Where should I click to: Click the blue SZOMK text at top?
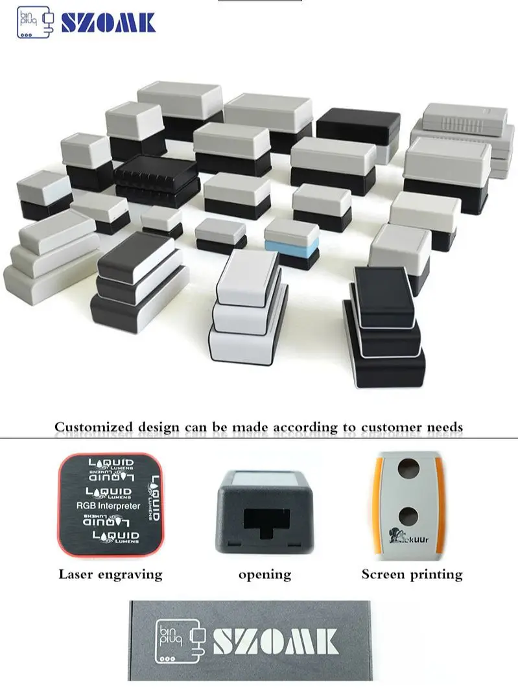[108, 23]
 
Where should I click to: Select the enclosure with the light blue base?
[292, 243]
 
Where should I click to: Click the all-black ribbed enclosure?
[156, 180]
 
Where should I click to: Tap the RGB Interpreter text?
[108, 506]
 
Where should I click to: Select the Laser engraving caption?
[110, 574]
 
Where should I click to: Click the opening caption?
[265, 574]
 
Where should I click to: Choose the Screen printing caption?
[412, 574]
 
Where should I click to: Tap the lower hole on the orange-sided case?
[408, 517]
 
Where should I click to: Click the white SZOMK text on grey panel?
[276, 640]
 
